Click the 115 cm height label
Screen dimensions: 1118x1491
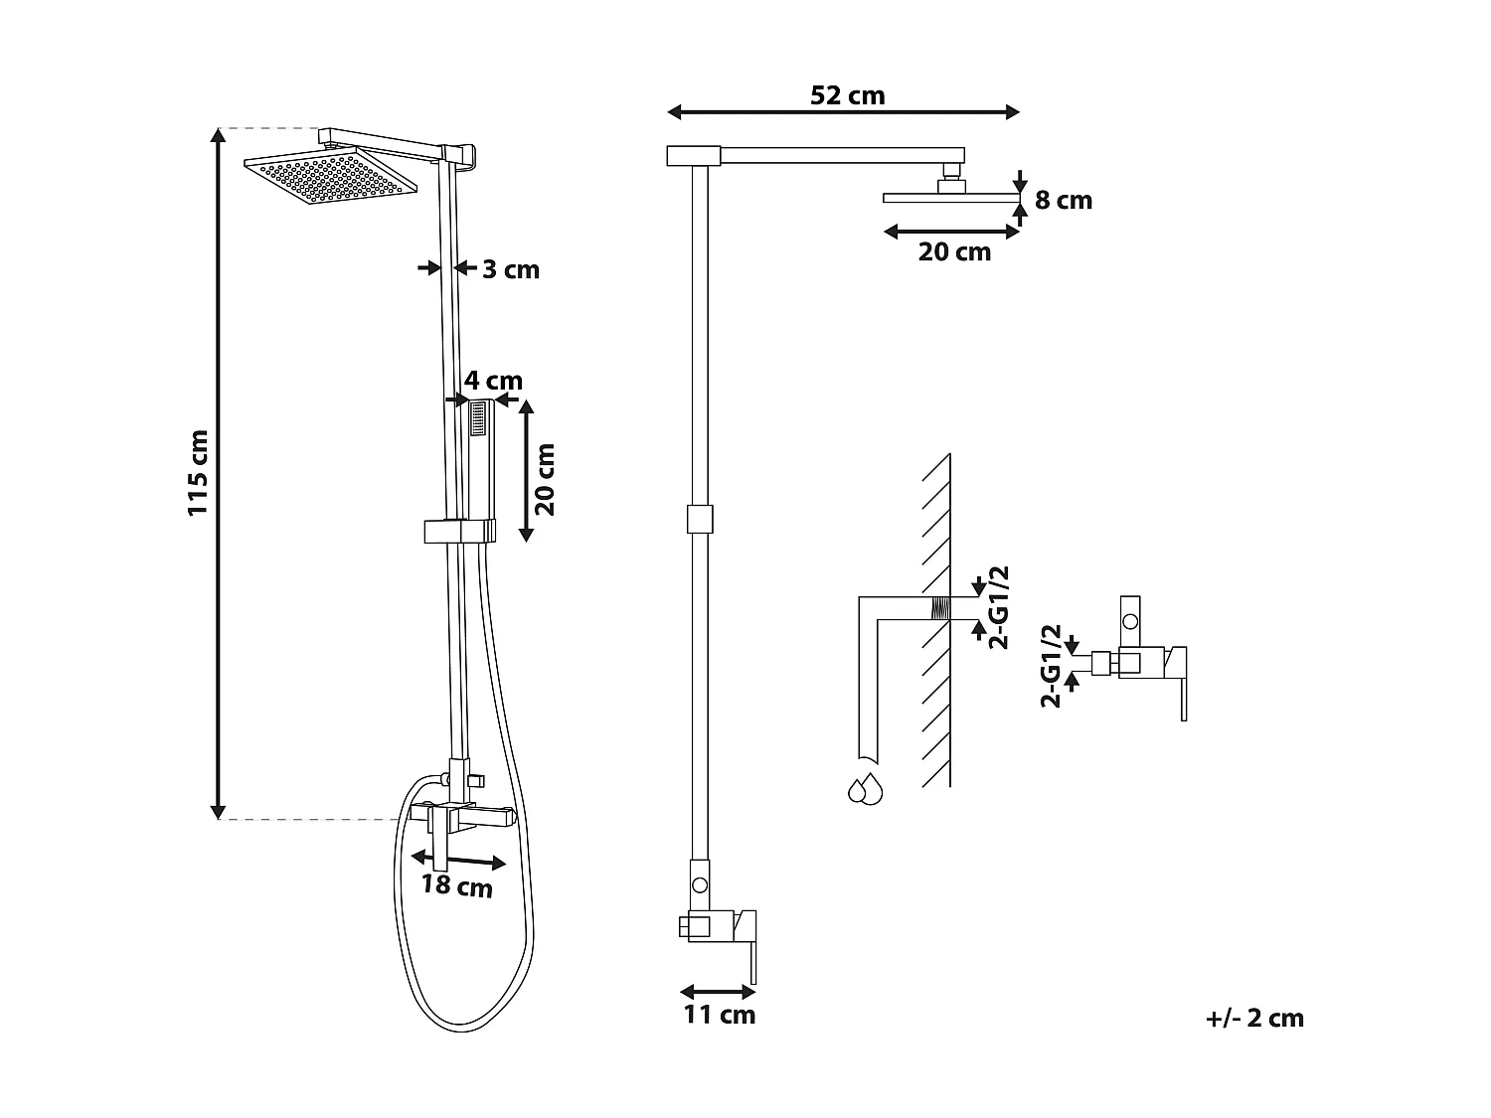tap(198, 472)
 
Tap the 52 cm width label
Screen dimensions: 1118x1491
tap(847, 95)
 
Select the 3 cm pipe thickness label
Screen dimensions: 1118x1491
tap(511, 269)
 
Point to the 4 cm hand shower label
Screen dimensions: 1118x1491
tap(493, 381)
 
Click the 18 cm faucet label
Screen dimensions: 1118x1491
tap(456, 884)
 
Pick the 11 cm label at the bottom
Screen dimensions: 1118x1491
tap(719, 1015)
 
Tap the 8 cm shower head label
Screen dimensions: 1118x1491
tap(1063, 201)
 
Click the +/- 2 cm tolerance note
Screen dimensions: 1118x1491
tap(1253, 1018)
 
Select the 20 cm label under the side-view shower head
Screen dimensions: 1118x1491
tap(954, 252)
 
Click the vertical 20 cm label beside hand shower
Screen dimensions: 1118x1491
tap(545, 479)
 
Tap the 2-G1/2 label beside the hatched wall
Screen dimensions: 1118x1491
tap(999, 607)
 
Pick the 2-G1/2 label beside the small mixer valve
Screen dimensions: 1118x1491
tap(1050, 666)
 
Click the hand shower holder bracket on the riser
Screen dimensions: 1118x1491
tap(459, 531)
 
